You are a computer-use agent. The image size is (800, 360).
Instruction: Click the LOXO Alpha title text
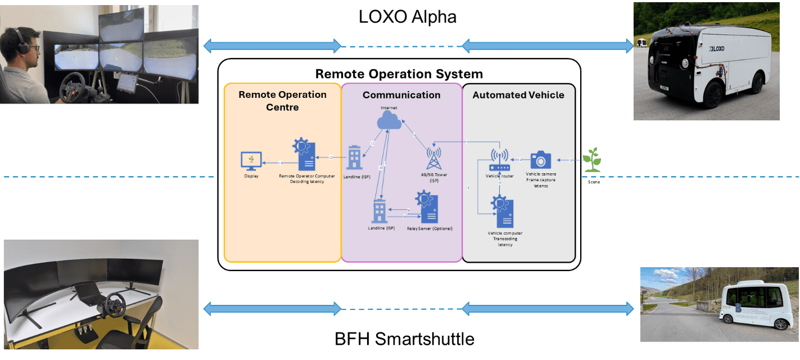pos(407,17)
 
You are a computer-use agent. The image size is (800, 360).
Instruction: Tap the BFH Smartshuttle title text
pos(404,339)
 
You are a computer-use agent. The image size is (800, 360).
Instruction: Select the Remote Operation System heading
pos(399,74)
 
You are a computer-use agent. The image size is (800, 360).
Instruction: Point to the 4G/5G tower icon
pos(433,158)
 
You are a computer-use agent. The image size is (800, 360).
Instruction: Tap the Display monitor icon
pos(251,161)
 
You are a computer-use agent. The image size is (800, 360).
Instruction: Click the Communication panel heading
pos(401,95)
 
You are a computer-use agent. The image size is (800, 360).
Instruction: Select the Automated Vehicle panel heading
pos(518,95)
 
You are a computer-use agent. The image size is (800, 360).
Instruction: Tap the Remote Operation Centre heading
pos(282,100)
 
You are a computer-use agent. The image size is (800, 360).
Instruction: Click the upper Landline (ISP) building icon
pos(354,158)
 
